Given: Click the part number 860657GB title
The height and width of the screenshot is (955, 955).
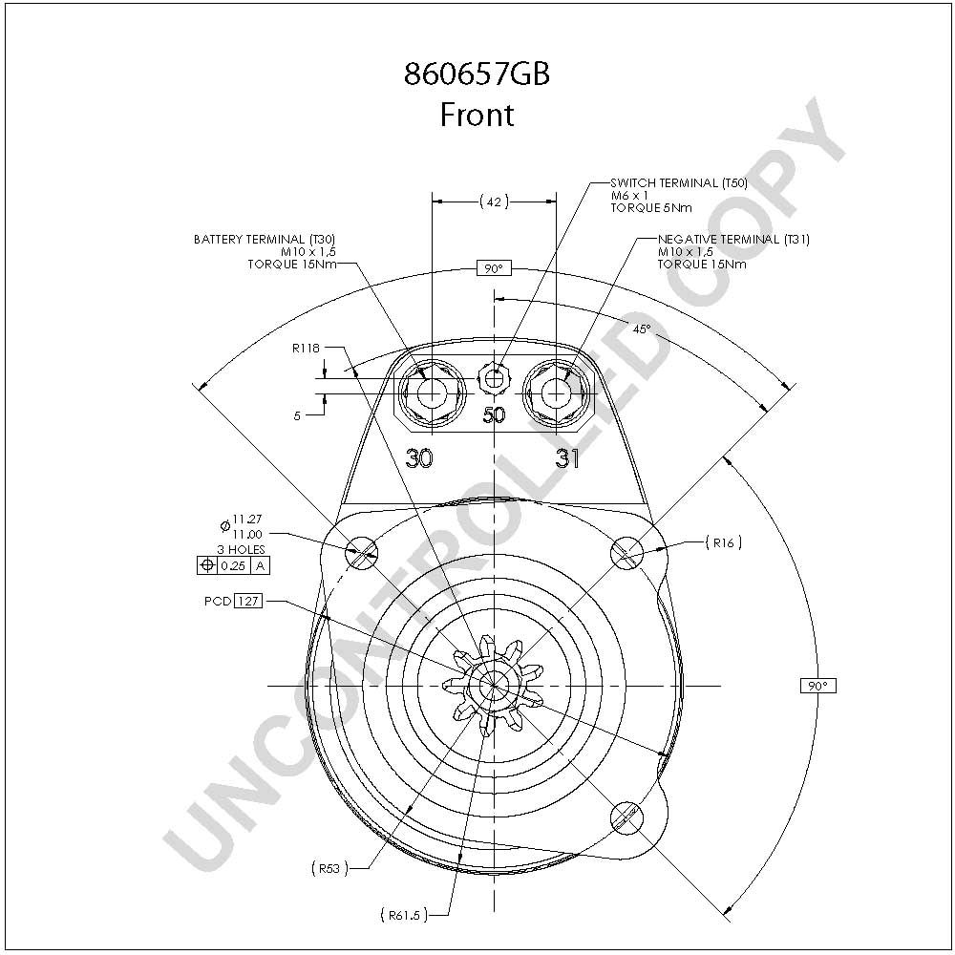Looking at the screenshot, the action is tap(477, 74).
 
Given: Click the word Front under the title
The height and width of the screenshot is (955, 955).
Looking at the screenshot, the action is tap(477, 115).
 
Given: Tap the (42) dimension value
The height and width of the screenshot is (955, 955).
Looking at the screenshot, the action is tap(494, 202).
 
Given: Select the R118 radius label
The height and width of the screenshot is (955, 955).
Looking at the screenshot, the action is tap(306, 349).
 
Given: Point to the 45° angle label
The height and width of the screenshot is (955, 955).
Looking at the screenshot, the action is tap(642, 329).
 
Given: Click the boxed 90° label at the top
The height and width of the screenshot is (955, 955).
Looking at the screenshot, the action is tap(494, 268).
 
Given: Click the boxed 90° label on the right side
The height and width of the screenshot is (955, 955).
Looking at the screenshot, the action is tap(818, 686).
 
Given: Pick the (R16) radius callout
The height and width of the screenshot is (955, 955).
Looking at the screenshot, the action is tap(724, 542).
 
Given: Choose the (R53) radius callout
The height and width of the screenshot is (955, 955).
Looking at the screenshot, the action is tap(329, 868).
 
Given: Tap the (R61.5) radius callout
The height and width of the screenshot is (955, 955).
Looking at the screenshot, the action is tap(404, 915).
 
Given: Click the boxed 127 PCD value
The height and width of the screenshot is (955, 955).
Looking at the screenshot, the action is tap(248, 601).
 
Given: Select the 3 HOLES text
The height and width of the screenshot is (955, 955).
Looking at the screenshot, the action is tap(242, 549).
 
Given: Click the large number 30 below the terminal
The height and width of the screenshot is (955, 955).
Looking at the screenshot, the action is tap(419, 458).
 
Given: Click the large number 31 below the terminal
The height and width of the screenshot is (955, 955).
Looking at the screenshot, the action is tap(567, 458).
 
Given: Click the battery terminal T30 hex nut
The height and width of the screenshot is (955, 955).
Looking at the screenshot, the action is tap(432, 393).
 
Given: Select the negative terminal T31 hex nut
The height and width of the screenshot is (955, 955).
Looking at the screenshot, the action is tap(556, 393).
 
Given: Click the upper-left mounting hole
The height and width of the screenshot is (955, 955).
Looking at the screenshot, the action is tap(362, 553).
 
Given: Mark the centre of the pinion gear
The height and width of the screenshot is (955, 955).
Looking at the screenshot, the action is tap(494, 686).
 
